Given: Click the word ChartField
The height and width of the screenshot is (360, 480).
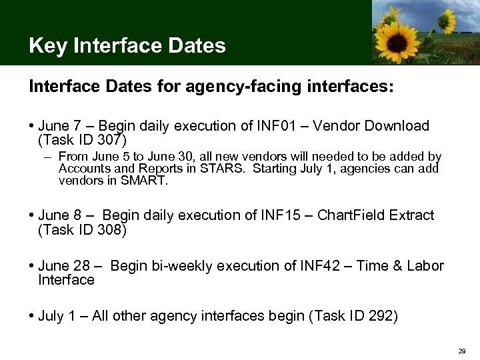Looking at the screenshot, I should tap(351, 215).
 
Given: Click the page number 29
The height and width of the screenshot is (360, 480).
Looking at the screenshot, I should tap(461, 351).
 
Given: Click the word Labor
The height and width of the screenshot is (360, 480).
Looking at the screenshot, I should tap(426, 266).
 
